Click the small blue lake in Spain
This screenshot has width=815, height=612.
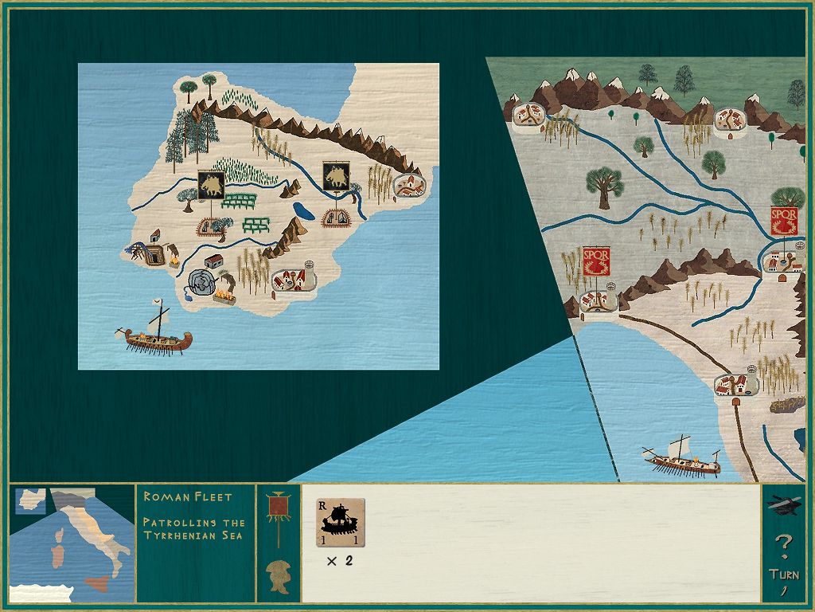tap(302, 211)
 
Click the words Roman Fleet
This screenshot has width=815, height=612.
tap(188, 496)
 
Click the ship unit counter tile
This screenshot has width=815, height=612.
tap(341, 523)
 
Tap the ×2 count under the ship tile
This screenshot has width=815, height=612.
tap(340, 561)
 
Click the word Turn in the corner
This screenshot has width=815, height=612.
tap(784, 574)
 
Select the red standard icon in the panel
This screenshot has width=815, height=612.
tap(279, 508)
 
